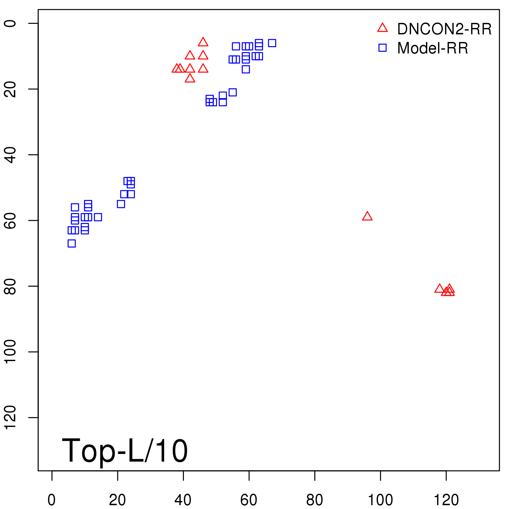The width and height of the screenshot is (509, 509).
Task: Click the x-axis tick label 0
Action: point(52,500)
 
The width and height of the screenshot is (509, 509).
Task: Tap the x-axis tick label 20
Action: point(117,500)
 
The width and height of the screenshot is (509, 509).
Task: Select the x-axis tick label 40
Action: point(183,500)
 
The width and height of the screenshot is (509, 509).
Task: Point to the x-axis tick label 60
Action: point(249,500)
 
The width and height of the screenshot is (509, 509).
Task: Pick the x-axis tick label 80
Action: point(314,500)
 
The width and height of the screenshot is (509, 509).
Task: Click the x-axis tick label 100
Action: point(380,500)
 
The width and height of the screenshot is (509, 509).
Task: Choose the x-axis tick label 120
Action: point(446,500)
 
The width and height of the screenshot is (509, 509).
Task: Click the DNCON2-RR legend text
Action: point(444,29)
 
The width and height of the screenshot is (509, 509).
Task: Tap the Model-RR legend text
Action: point(433,48)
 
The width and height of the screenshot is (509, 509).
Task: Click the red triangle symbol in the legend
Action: point(382,28)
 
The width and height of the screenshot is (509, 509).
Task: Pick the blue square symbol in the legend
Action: point(382,48)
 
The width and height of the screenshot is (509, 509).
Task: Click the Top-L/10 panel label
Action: point(125,450)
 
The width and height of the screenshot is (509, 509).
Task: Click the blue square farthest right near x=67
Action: point(272,43)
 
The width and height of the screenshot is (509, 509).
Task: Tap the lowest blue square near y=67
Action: point(72,243)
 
